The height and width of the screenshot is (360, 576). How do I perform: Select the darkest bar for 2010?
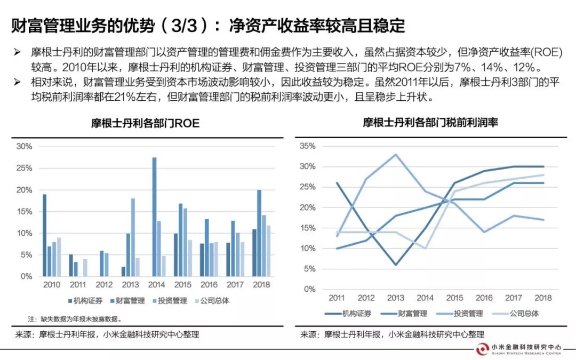44,235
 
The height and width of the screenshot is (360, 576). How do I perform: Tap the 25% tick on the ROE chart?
25,168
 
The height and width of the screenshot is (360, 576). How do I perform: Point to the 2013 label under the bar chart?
130,285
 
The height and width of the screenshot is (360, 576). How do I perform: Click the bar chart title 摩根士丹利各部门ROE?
145,123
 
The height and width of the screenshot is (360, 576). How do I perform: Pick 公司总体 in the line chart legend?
525,314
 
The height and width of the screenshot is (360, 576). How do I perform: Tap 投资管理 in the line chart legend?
466,314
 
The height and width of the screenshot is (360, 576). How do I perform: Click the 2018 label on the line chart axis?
543,298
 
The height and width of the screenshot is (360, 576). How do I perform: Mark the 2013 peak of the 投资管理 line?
395,155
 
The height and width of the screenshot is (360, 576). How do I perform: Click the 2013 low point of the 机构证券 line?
395,265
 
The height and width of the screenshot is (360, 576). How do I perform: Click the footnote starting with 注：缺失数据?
75,319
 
